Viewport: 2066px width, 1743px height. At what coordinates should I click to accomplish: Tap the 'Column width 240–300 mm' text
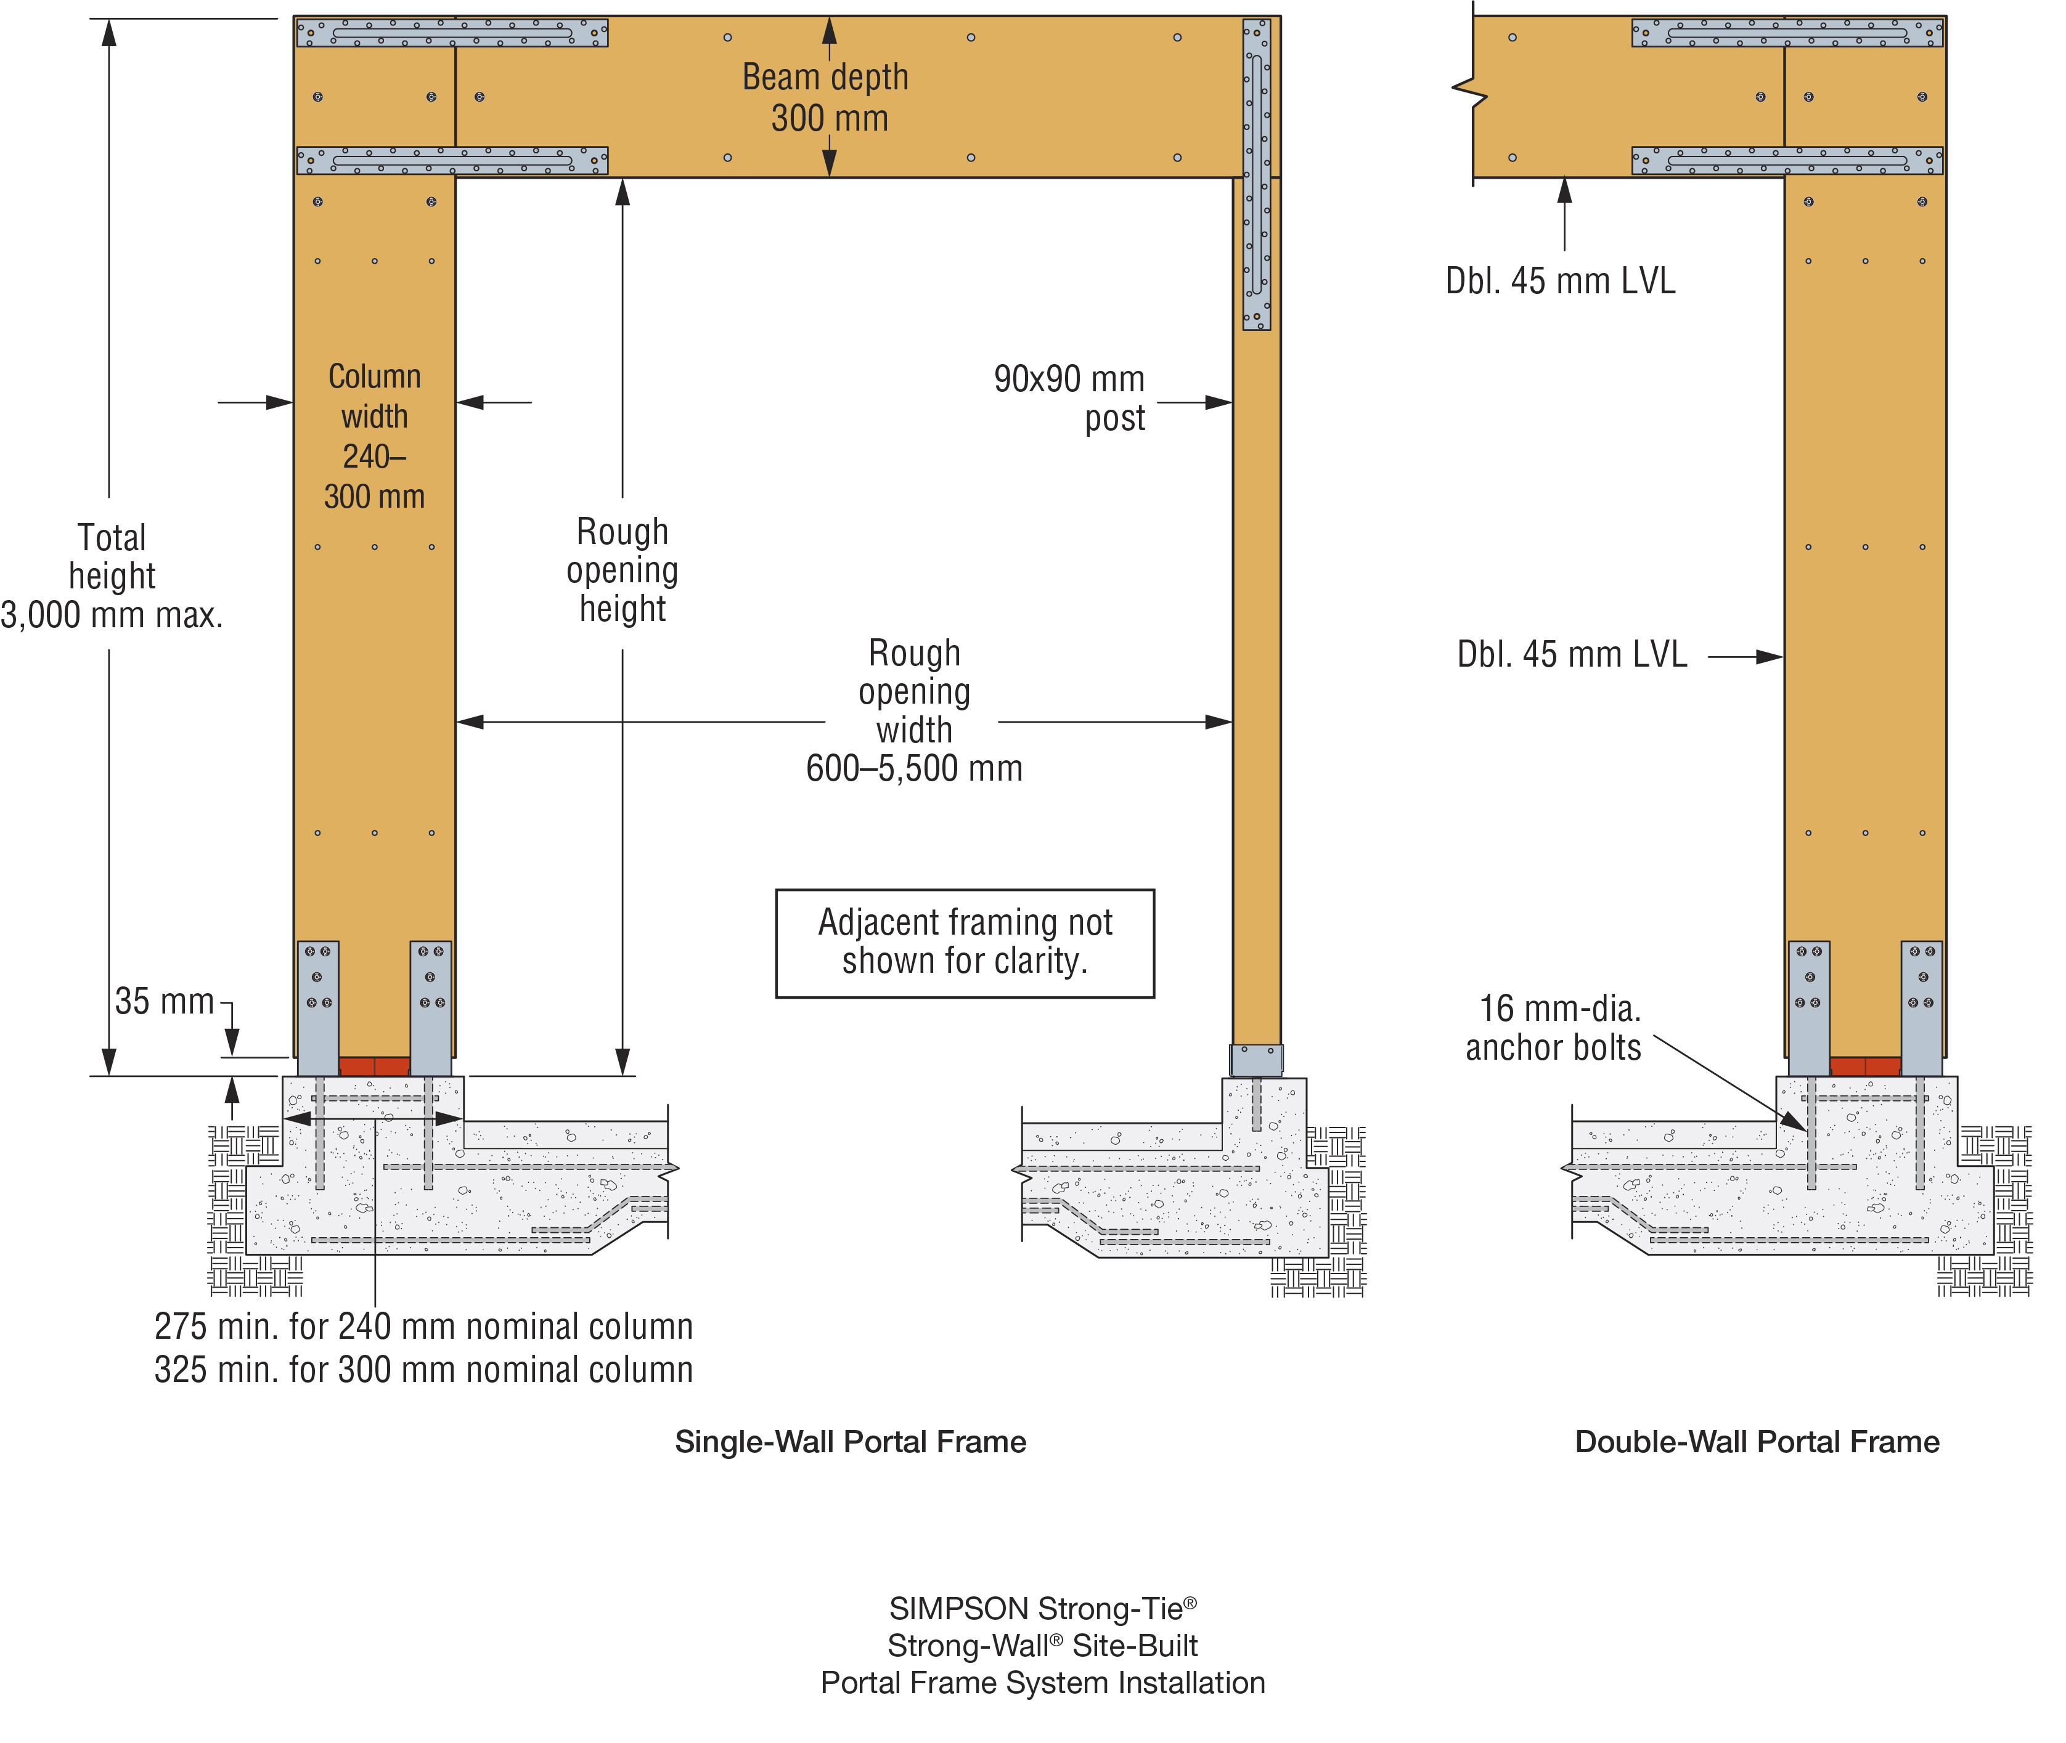coord(375,436)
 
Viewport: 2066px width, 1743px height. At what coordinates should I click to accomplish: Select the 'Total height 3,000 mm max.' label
coord(112,576)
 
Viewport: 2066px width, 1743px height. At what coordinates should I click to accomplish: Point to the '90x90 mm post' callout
coord(1069,398)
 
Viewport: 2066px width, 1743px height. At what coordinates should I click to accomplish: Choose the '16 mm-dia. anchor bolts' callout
coord(1553,1028)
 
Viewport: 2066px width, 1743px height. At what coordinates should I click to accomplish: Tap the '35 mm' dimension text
coord(164,1001)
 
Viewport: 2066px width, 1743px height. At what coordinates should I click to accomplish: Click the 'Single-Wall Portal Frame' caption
coord(850,1442)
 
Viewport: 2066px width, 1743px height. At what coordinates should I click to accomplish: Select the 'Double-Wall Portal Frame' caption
coord(1757,1442)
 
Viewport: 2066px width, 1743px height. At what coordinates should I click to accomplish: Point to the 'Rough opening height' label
coord(623,570)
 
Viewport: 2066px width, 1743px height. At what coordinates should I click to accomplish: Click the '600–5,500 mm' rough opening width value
coord(915,768)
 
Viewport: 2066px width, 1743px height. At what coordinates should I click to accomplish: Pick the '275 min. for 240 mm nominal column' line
coord(423,1326)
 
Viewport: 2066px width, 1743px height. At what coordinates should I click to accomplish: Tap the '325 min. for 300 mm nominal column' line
coord(423,1370)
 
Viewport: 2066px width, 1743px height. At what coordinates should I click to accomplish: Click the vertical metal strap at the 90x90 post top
coord(1256,174)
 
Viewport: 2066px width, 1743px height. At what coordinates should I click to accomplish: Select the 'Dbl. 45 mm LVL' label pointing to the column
coord(1572,654)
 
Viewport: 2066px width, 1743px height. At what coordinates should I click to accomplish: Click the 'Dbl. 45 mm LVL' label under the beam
coord(1560,280)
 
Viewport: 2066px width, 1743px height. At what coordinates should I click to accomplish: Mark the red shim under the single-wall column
coord(375,1066)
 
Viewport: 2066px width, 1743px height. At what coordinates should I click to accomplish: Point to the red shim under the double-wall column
coord(1865,1066)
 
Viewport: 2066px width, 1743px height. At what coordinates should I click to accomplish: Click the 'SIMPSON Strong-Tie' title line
coord(1043,1609)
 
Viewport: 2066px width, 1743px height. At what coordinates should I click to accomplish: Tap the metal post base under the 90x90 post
coord(1256,1059)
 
